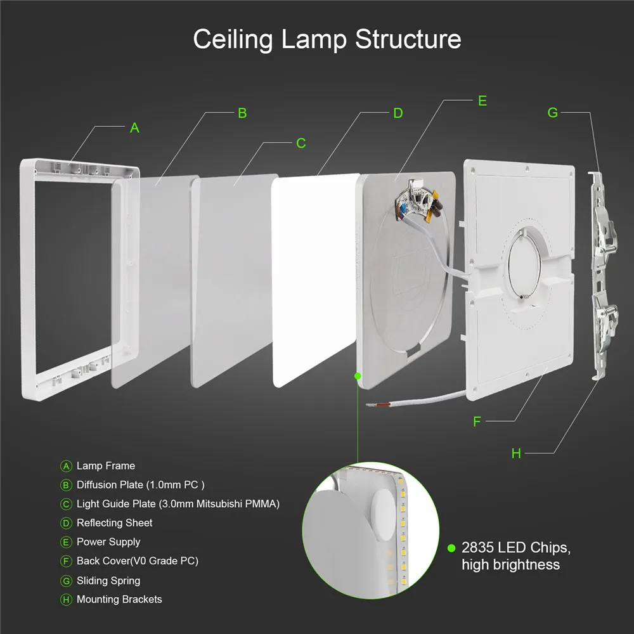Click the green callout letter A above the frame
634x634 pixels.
134,127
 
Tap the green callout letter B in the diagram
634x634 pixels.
242,113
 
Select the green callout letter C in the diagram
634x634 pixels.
301,143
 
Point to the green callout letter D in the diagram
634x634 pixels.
398,113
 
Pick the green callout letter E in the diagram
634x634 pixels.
482,101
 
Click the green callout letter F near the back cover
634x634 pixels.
477,421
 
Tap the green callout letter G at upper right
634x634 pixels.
553,113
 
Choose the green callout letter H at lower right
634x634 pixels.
516,453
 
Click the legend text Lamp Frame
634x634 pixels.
106,466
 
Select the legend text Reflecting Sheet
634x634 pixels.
115,523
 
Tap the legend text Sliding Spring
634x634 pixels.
108,581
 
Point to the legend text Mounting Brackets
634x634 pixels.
119,600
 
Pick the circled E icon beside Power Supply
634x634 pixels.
66,542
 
